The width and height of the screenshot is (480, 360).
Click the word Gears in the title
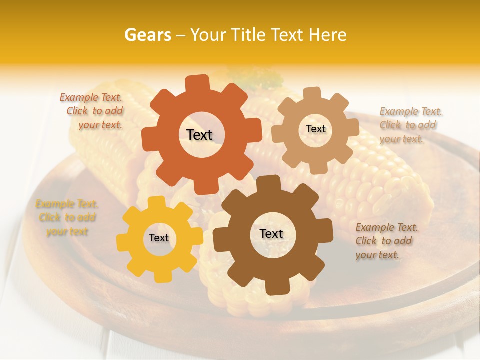147,35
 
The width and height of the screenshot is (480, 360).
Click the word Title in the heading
248,35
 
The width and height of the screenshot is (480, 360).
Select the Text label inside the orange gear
199,135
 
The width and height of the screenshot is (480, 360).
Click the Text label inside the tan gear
315,129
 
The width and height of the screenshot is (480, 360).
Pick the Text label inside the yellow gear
159,238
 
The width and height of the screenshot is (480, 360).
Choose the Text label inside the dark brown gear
271,233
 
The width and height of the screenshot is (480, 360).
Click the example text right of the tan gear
409,125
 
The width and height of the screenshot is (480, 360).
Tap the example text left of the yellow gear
66,218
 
